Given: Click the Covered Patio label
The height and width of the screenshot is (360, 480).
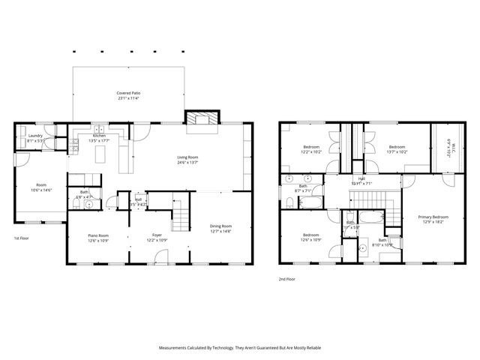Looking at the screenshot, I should [x=128, y=93].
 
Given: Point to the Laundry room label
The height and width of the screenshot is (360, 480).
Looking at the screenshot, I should [x=35, y=136].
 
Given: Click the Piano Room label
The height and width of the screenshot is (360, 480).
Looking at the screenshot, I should [x=98, y=235].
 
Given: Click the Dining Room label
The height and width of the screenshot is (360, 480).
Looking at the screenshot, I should [x=220, y=226].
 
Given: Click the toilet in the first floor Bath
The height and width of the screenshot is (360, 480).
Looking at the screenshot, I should [x=88, y=202].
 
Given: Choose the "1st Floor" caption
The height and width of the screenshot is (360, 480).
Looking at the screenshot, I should [x=22, y=238].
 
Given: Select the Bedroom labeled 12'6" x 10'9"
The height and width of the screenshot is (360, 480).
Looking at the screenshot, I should [x=310, y=237].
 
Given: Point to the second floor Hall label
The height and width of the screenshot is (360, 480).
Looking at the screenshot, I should [x=361, y=179].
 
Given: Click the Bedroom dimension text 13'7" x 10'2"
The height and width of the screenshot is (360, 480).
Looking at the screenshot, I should [x=397, y=151].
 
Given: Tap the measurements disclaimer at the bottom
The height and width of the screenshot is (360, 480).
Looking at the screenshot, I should [x=239, y=348].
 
